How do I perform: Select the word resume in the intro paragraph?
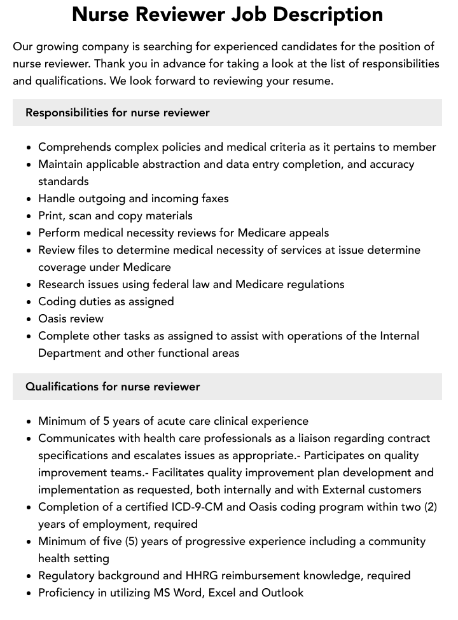pyautogui.click(x=311, y=81)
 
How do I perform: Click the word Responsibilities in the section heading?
pyautogui.click(x=66, y=113)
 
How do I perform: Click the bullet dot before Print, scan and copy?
pyautogui.click(x=29, y=216)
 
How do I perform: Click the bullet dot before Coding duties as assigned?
pyautogui.click(x=29, y=302)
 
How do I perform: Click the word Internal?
pyautogui.click(x=398, y=336)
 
